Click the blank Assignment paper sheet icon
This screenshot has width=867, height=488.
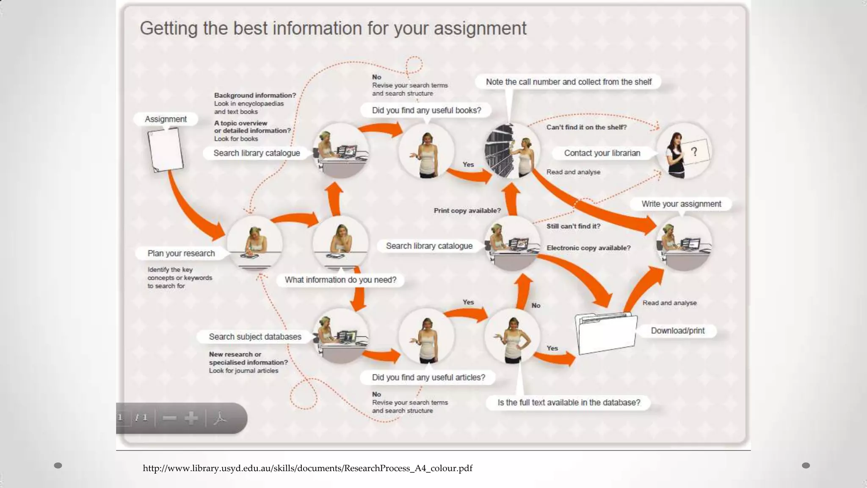165,150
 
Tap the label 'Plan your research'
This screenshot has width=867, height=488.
181,253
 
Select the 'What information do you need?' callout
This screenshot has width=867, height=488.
340,280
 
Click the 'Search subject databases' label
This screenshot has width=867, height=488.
255,337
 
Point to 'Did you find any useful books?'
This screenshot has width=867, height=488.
426,111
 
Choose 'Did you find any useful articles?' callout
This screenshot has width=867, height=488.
428,377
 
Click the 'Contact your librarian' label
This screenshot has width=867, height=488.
602,153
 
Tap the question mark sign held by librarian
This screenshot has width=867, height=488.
694,152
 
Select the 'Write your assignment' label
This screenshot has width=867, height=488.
681,204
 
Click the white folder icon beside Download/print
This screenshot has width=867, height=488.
606,334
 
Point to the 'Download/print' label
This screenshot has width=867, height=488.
677,331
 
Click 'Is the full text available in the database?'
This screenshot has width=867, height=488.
569,402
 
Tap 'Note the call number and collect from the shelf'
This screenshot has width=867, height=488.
569,82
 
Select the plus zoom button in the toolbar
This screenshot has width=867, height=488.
191,418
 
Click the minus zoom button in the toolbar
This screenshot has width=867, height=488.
169,418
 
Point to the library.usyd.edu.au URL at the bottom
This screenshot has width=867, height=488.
307,468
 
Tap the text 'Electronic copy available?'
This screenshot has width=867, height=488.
588,248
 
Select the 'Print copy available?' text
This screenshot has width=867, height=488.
467,211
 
